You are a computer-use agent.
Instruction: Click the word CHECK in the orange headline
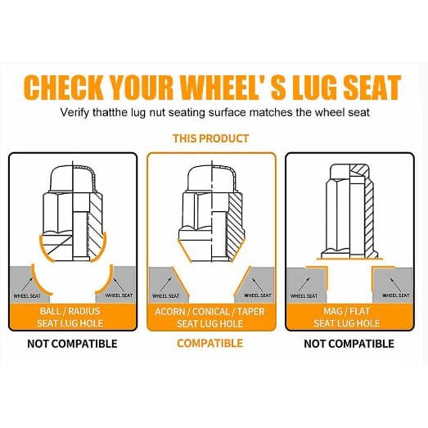click(x=63, y=87)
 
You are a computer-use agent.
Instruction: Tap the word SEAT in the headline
click(x=372, y=87)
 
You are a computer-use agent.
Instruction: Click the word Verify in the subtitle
click(x=74, y=112)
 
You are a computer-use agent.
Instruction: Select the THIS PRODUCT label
click(x=210, y=138)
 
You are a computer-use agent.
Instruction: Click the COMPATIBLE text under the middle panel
click(x=209, y=343)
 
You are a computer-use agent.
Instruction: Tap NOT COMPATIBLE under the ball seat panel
click(x=72, y=344)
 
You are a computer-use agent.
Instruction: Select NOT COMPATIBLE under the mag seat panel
click(x=349, y=344)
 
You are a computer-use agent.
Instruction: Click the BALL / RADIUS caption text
click(x=70, y=311)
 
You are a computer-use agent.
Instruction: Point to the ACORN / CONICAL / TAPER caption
click(x=209, y=312)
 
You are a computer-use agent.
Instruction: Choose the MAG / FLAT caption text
click(x=347, y=311)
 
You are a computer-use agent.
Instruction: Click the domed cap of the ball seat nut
click(x=73, y=178)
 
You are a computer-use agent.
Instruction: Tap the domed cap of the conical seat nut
click(x=212, y=178)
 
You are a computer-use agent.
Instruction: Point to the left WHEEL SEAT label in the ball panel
click(x=27, y=296)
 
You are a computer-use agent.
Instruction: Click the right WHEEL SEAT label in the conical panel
click(x=258, y=295)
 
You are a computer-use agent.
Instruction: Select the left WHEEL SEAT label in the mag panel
click(x=304, y=296)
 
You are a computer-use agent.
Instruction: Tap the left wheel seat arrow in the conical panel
click(x=165, y=284)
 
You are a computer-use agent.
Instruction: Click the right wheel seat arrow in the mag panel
click(x=395, y=285)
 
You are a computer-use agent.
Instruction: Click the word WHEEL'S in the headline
click(x=233, y=87)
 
